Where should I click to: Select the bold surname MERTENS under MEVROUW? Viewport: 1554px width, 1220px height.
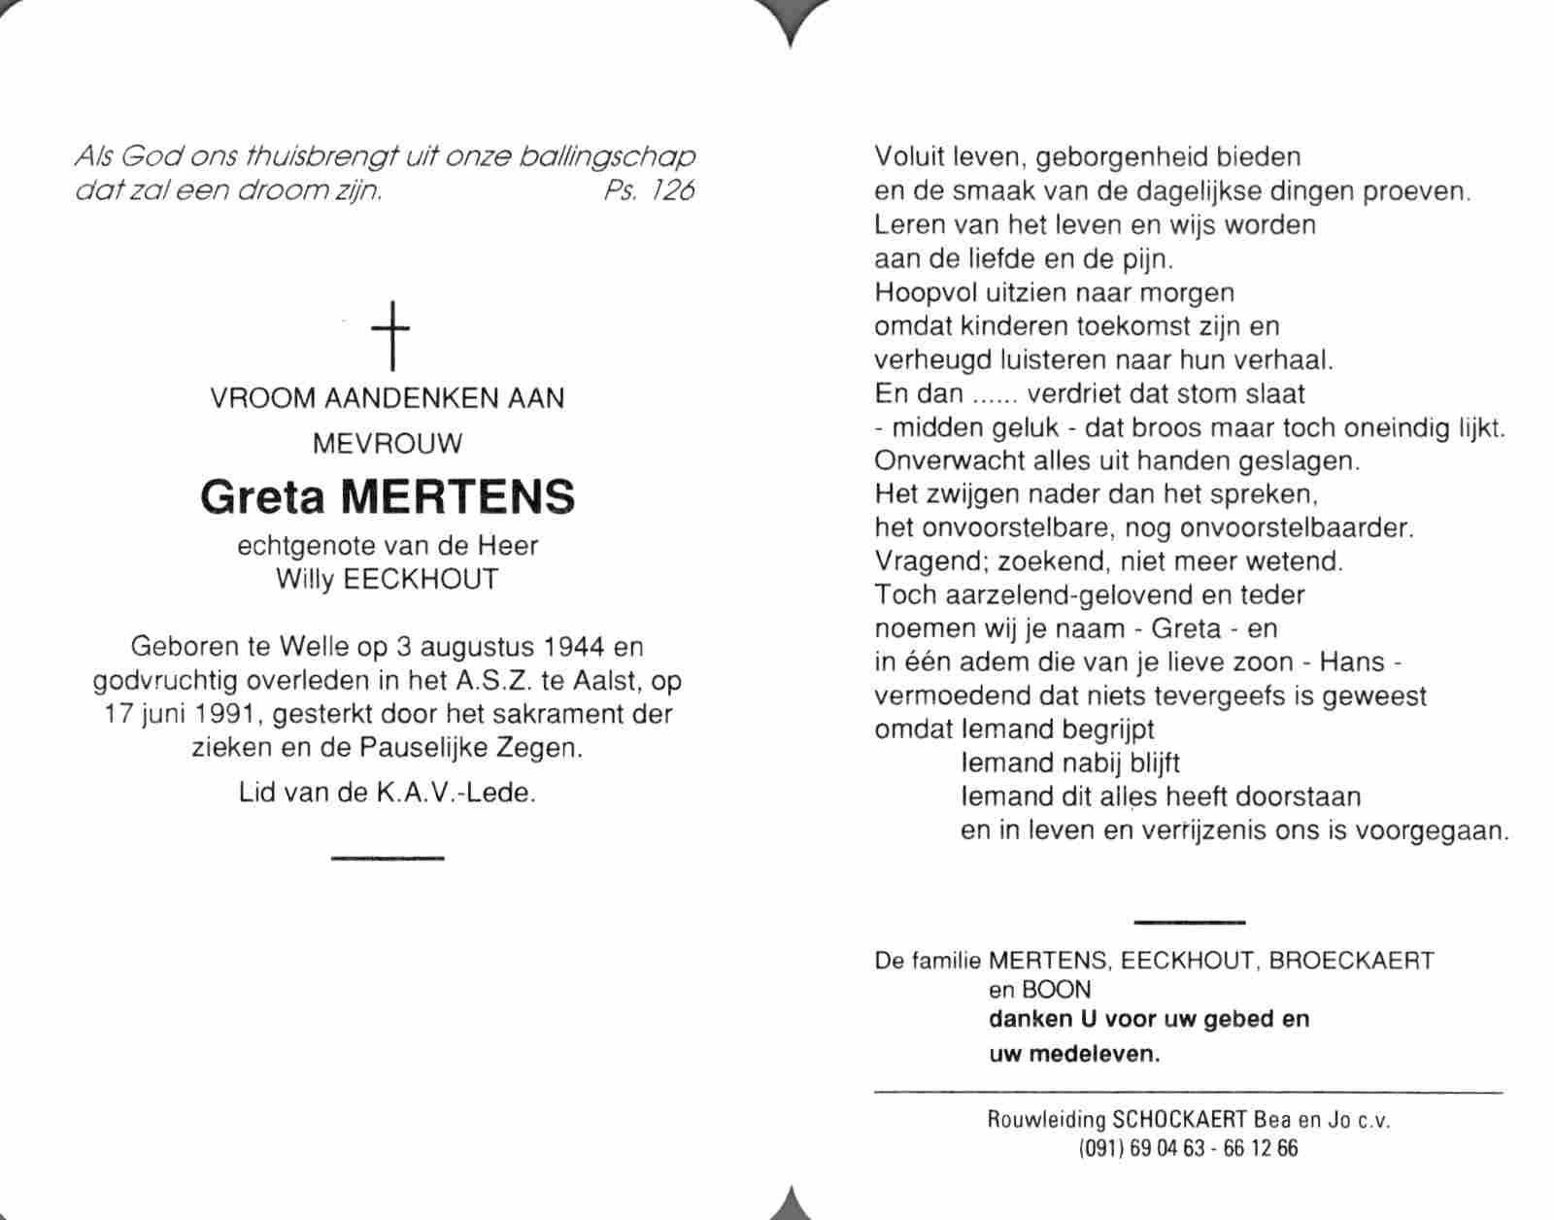[460, 497]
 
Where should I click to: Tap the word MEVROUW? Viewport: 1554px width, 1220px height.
[388, 444]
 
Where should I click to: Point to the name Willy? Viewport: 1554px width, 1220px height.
[305, 580]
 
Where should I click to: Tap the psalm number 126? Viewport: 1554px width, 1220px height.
[672, 190]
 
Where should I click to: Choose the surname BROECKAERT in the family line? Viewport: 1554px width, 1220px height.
[1351, 961]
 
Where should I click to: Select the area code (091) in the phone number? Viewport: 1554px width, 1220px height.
[1101, 1148]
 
